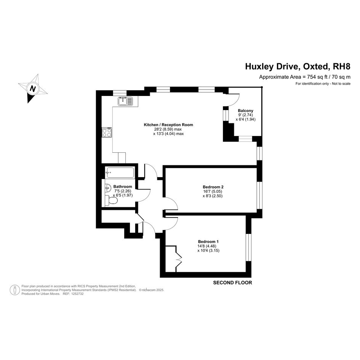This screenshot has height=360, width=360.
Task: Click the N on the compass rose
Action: click(33, 88)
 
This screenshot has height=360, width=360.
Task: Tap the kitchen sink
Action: click(125, 101)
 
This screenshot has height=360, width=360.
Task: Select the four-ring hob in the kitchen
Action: click(107, 132)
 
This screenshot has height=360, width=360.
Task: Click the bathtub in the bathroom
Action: click(119, 173)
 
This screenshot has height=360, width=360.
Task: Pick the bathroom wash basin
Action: click(108, 188)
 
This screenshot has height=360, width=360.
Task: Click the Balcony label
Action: click(245, 110)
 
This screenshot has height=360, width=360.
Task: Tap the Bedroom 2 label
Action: click(213, 187)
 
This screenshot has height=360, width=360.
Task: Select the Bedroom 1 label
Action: click(208, 242)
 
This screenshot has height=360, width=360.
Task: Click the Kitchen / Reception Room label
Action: click(168, 125)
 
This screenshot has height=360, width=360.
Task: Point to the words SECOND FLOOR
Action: click(232, 283)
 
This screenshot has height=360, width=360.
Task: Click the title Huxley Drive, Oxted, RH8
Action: click(298, 67)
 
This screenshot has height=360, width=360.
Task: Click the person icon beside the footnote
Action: click(15, 290)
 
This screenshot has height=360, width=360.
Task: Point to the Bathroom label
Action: click(123, 187)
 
